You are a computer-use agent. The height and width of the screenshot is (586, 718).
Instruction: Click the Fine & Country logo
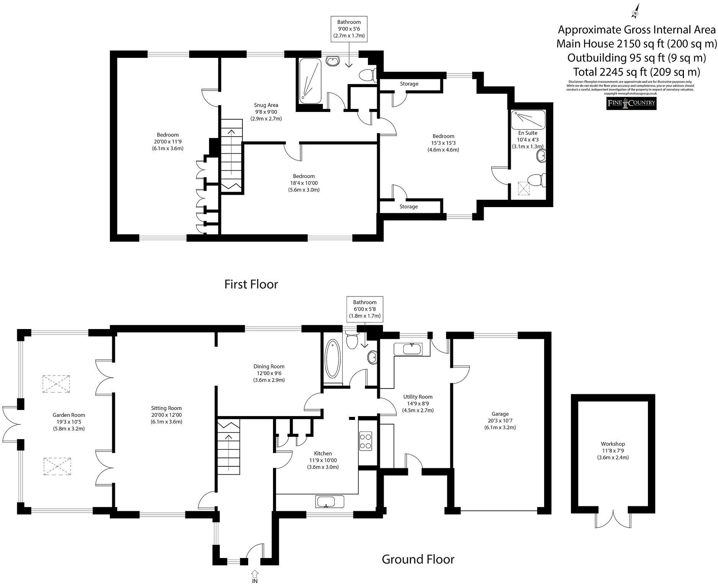(631, 103)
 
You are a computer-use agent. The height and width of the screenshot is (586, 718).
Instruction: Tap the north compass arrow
(635, 11)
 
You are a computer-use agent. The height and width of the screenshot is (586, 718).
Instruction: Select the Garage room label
(500, 414)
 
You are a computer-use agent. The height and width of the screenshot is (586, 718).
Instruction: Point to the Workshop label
(613, 444)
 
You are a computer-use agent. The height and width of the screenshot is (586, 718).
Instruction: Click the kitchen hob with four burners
(365, 441)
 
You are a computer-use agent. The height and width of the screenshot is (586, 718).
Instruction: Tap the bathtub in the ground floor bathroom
(332, 359)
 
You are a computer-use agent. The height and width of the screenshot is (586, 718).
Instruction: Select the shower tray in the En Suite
(528, 120)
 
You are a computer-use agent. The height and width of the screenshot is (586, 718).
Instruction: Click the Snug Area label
(266, 105)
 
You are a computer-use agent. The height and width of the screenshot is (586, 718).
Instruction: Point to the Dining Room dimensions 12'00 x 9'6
(268, 373)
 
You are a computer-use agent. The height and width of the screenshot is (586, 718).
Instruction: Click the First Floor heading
(251, 284)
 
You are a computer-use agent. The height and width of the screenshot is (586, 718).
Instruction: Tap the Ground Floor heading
(418, 559)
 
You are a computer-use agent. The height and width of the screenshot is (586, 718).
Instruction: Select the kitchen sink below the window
(330, 501)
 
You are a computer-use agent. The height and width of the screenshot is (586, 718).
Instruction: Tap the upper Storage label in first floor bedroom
(409, 84)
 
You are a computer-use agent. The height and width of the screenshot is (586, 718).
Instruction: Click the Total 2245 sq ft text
(636, 72)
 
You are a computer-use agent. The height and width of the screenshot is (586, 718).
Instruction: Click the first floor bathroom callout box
(348, 29)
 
